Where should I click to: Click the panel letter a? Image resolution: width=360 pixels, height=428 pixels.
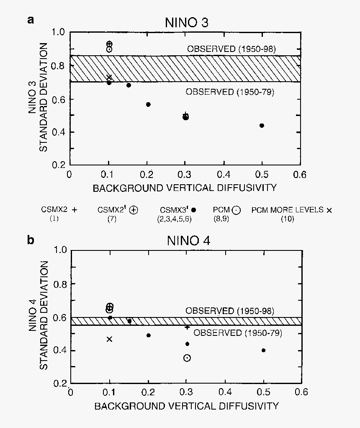pyautogui.click(x=30, y=20)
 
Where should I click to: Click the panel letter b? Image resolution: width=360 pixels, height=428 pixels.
pyautogui.click(x=30, y=240)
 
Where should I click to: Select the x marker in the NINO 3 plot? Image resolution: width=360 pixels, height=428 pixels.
pyautogui.click(x=109, y=77)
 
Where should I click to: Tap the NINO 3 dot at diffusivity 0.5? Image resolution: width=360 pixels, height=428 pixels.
pyautogui.click(x=262, y=126)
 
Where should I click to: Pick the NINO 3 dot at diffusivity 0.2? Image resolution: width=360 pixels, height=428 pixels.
pyautogui.click(x=148, y=104)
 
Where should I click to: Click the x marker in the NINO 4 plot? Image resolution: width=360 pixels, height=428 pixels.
pyautogui.click(x=110, y=339)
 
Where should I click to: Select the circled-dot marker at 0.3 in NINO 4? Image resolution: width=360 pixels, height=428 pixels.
pyautogui.click(x=187, y=358)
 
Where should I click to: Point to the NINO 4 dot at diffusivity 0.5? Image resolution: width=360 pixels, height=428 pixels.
pyautogui.click(x=263, y=350)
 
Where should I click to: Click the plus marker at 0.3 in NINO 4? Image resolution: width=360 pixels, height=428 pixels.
pyautogui.click(x=187, y=327)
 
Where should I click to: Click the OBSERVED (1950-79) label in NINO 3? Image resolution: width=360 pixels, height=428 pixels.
pyautogui.click(x=230, y=92)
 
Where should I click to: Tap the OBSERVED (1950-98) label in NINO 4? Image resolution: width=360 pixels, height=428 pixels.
pyautogui.click(x=230, y=311)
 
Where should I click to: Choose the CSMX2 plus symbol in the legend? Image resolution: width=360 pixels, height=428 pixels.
pyautogui.click(x=75, y=210)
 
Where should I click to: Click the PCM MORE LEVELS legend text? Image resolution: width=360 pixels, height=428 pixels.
pyautogui.click(x=287, y=210)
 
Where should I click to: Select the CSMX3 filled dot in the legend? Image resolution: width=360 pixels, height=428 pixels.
pyautogui.click(x=193, y=211)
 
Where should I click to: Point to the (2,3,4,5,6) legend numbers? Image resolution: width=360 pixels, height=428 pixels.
pyautogui.click(x=177, y=219)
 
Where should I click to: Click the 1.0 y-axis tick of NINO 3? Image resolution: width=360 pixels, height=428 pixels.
pyautogui.click(x=59, y=32)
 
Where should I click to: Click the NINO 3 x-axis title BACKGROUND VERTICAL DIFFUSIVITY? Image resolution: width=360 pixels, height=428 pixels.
pyautogui.click(x=185, y=188)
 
